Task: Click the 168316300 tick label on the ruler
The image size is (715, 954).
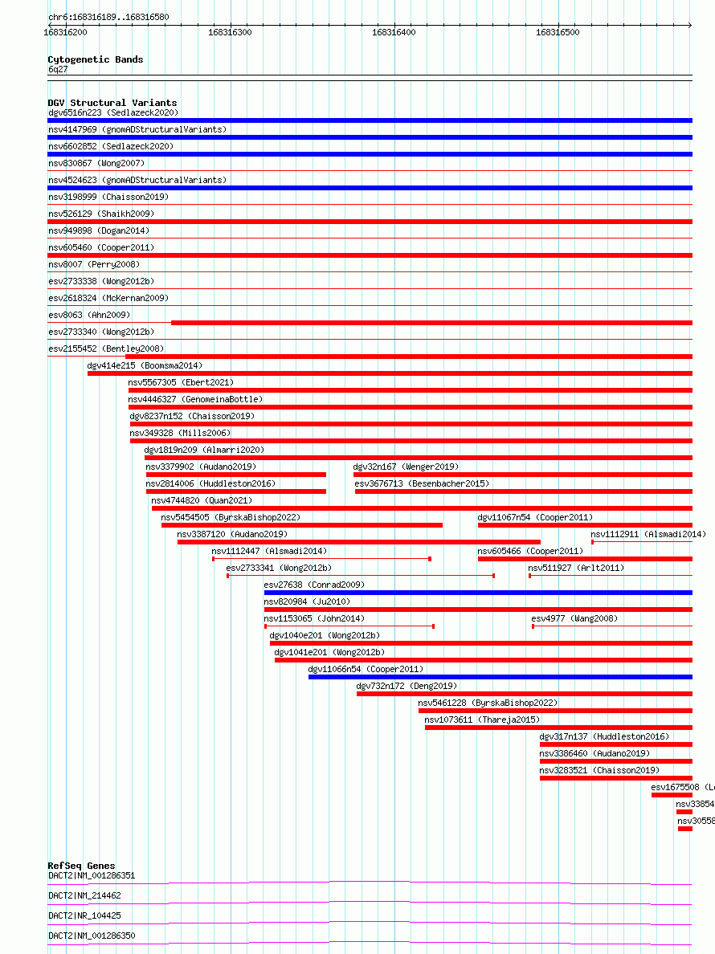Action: pos(229,32)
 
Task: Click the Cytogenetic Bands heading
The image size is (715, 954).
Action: pos(95,59)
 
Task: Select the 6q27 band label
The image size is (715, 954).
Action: pos(58,69)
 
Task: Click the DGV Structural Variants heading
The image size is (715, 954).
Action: pos(112,103)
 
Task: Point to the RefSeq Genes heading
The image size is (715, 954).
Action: pos(81,866)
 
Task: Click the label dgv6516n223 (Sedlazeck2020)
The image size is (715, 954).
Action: pos(112,112)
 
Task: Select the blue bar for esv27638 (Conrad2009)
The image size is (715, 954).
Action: pos(478,593)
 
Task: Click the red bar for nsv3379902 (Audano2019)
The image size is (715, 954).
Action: pos(235,475)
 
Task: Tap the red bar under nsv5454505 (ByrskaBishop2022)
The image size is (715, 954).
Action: pos(301,525)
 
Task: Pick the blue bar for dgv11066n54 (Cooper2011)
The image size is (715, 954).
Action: pos(500,677)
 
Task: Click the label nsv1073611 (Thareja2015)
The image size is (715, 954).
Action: pos(482,720)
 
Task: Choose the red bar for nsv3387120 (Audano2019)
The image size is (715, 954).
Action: pos(358,542)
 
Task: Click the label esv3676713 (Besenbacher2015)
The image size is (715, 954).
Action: pos(421,483)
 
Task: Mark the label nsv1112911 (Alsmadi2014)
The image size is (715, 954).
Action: pos(648,534)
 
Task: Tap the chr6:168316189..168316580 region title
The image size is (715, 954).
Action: pos(108,17)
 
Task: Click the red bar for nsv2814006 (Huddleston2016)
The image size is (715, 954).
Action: pos(235,491)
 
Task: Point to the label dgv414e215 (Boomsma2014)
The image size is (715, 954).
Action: pos(145,365)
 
